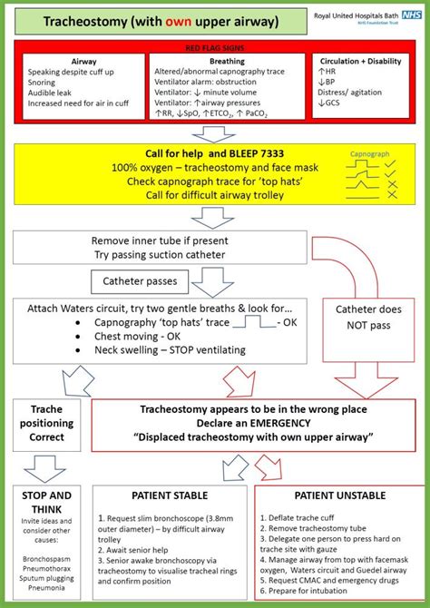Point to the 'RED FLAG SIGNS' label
(215, 47)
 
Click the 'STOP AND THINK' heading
(47, 502)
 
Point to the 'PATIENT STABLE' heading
(170, 495)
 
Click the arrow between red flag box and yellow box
(214, 134)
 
